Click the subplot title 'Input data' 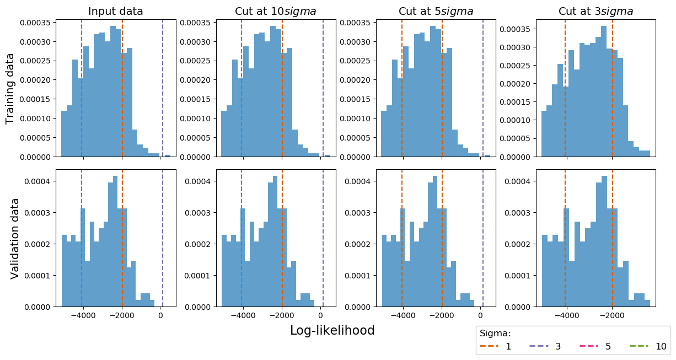(x=115, y=12)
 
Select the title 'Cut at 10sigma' (x=276, y=12)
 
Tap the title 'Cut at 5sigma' (x=436, y=12)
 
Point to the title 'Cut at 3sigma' (x=595, y=12)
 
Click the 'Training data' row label (x=10, y=88)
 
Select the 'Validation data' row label (x=15, y=238)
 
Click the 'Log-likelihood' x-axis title (x=332, y=330)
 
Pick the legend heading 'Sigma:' (x=495, y=333)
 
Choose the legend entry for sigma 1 (x=496, y=347)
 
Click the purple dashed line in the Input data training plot (x=163, y=88)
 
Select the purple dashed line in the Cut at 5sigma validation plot (x=483, y=237)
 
